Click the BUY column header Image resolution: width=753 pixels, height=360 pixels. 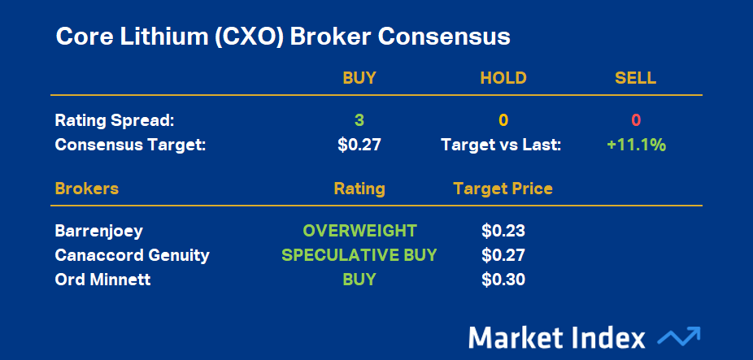[359, 78]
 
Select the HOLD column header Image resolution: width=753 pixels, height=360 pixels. [503, 78]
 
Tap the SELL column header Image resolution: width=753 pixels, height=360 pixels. [635, 78]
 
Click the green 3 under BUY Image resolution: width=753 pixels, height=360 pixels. [359, 120]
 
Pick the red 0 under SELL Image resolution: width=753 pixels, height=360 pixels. [636, 120]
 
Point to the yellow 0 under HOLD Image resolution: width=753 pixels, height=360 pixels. [503, 120]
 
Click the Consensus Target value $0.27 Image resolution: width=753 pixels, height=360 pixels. [359, 145]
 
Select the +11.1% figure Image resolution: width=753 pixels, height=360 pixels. [636, 145]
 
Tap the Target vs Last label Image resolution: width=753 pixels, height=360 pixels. [502, 145]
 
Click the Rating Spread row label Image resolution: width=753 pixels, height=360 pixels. [115, 120]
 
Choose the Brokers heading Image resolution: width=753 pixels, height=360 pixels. [87, 189]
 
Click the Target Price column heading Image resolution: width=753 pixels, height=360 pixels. [503, 189]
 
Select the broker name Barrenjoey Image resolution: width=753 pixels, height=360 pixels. [99, 232]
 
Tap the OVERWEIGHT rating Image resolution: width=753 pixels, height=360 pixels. [359, 231]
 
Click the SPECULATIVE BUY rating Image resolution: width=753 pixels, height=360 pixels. [359, 255]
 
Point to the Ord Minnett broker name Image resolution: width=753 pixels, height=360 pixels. [102, 280]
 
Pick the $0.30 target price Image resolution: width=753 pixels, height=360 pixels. [503, 280]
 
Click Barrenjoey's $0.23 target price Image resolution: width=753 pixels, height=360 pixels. [503, 231]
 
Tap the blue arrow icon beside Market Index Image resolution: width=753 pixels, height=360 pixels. [678, 336]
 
